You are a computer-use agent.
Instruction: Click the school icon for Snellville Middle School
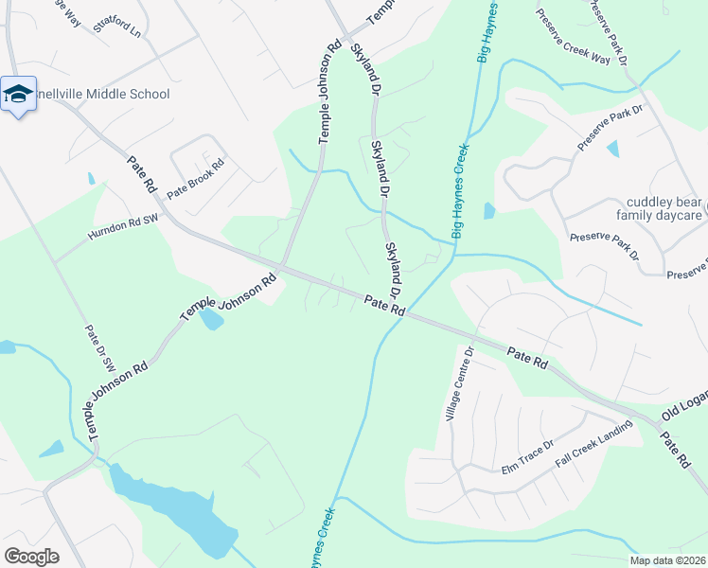(x=18, y=95)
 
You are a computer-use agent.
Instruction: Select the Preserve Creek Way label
(x=571, y=36)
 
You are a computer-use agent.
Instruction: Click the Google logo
(x=31, y=557)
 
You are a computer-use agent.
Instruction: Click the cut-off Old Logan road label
(x=684, y=408)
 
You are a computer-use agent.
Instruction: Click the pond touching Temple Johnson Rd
(x=210, y=320)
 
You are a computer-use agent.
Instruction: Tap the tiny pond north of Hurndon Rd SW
(x=92, y=178)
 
